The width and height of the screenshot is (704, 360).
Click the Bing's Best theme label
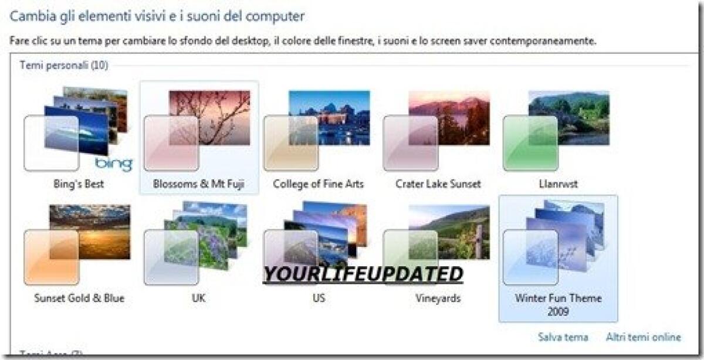point(78,184)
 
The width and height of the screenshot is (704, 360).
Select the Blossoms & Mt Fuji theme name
point(198,184)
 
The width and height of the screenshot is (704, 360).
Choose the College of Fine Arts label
point(319,184)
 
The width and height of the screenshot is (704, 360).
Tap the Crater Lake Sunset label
point(438,184)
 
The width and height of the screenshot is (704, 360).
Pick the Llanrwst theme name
point(557,184)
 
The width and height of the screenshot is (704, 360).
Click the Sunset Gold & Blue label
point(79,298)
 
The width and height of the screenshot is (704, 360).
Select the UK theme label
point(198,298)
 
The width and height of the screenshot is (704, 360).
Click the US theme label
point(319,298)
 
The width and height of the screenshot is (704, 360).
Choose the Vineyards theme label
point(438,298)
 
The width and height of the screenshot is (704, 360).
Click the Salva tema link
point(563,337)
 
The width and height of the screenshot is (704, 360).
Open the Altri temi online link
point(644,337)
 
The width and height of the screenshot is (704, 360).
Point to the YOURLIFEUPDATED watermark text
point(363,274)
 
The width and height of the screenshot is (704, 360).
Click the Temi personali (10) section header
point(64,65)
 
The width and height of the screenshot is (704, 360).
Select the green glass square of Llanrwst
point(530,144)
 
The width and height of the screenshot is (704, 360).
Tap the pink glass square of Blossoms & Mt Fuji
point(171,144)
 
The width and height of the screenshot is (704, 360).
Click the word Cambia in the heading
point(31,16)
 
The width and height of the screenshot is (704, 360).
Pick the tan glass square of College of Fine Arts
point(291,144)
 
